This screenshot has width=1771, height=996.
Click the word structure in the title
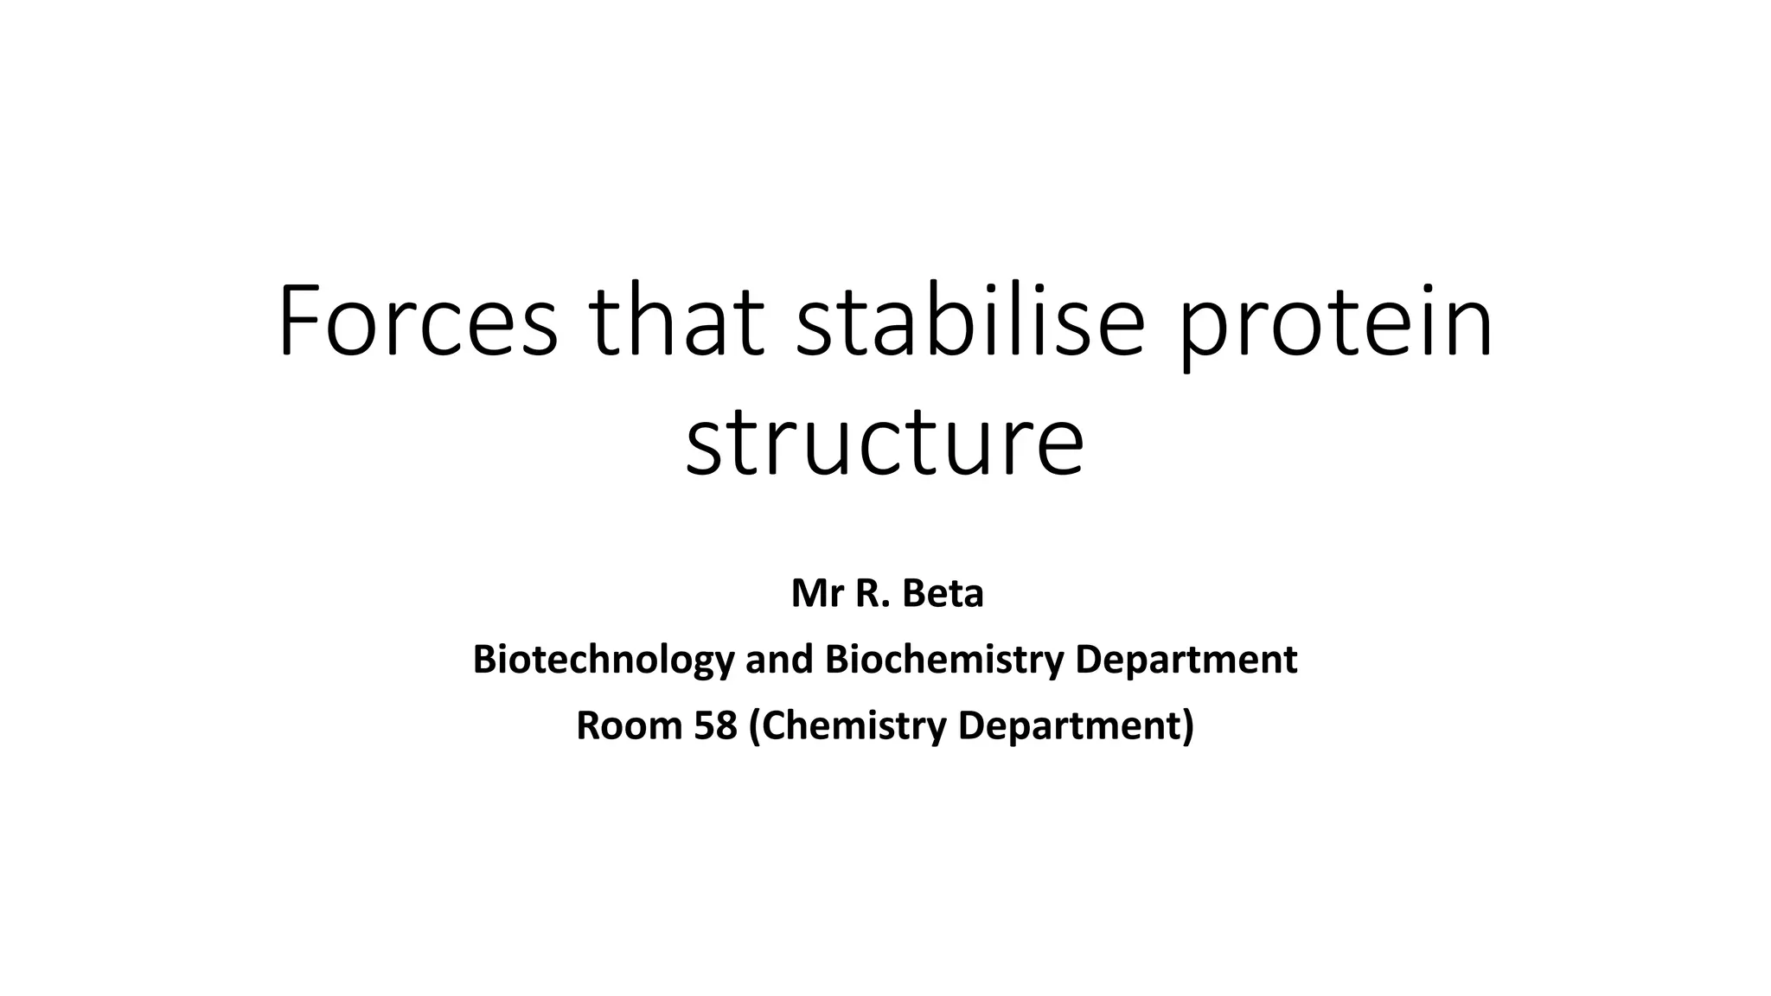(x=885, y=443)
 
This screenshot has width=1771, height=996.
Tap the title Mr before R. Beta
(x=816, y=594)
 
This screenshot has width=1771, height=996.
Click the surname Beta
(x=943, y=594)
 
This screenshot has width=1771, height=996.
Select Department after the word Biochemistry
(x=1186, y=661)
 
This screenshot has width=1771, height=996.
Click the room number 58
(x=715, y=725)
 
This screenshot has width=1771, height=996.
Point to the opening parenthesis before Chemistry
(x=755, y=726)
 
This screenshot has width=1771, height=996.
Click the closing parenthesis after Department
(x=1188, y=726)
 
